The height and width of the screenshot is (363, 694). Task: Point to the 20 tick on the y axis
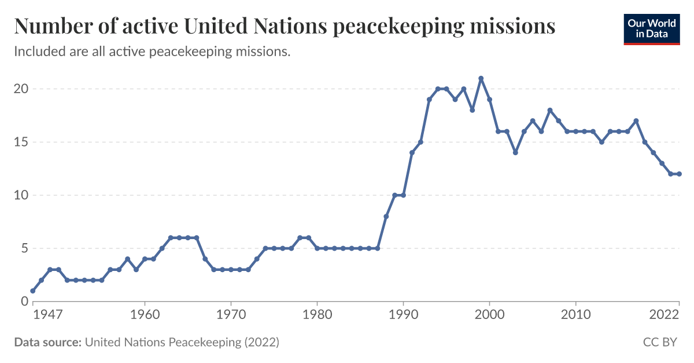point(21,89)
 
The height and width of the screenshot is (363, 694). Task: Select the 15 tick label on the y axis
point(21,142)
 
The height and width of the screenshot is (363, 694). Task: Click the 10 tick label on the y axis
point(21,195)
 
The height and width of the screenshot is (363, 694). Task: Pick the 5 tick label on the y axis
point(24,248)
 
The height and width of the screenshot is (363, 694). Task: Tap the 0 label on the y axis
point(24,302)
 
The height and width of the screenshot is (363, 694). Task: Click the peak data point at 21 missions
point(481,78)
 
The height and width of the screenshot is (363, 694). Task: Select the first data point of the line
point(33,291)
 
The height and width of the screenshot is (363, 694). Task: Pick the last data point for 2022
point(679,174)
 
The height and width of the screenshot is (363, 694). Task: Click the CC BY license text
point(660,343)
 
